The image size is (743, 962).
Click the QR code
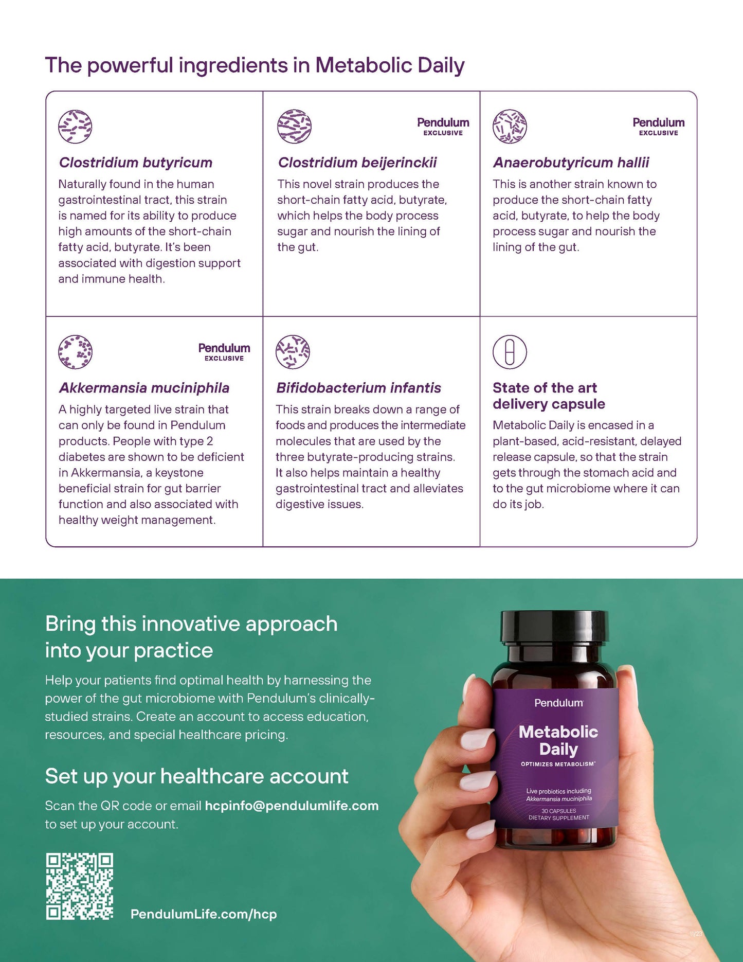(80, 886)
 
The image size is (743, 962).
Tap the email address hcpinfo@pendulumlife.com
(292, 806)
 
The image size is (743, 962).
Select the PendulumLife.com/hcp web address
(204, 914)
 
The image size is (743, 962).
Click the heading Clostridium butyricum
(136, 163)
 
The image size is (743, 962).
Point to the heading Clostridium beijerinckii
(357, 163)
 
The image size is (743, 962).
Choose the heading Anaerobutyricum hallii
(571, 163)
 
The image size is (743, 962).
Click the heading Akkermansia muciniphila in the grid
(144, 388)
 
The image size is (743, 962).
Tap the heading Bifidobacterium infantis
(358, 388)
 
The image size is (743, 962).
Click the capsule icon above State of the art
(510, 352)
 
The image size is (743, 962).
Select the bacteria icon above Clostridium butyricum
(75, 127)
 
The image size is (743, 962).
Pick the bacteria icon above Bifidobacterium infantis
(293, 352)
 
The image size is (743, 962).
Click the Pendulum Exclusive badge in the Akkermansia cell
(224, 352)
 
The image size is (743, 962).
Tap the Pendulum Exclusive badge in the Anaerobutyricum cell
(659, 127)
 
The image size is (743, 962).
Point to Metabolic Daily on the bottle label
(558, 740)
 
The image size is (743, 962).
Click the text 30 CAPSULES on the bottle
(559, 811)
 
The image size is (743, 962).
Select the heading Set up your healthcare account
(196, 776)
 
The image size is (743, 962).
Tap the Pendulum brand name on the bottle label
(559, 703)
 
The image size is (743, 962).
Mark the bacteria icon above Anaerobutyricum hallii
(510, 127)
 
